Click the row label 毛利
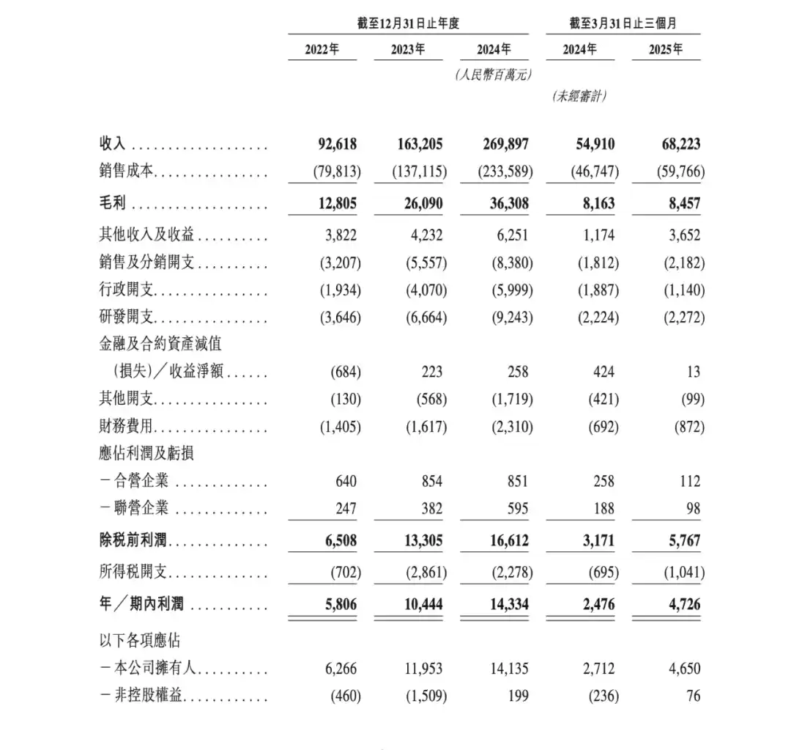(114, 204)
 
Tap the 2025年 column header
(665, 49)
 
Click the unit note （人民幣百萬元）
(492, 74)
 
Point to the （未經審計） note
(579, 95)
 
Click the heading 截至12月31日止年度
(408, 23)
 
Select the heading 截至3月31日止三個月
(623, 23)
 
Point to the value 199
(516, 695)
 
